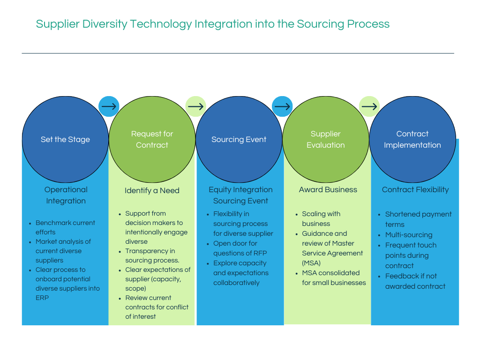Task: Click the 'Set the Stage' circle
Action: (65, 139)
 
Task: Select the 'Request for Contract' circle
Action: (152, 139)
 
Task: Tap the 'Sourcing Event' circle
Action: (239, 139)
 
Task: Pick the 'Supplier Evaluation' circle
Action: (326, 139)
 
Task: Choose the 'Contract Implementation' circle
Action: (412, 139)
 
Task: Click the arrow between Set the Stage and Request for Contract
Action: (109, 106)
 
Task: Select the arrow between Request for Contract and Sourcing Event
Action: (195, 106)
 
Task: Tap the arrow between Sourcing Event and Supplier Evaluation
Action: (282, 106)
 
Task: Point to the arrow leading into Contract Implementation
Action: (369, 106)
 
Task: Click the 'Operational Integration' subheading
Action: (66, 195)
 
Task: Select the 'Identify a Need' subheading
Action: (152, 190)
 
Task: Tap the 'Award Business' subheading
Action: (328, 190)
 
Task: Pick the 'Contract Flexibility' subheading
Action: (415, 190)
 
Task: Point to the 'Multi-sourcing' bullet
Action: (409, 235)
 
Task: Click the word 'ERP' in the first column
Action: (42, 298)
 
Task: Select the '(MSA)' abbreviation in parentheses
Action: (311, 263)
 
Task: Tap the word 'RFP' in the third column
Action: (260, 253)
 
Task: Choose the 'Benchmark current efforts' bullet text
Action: (65, 227)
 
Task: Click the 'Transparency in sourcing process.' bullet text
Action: (152, 255)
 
